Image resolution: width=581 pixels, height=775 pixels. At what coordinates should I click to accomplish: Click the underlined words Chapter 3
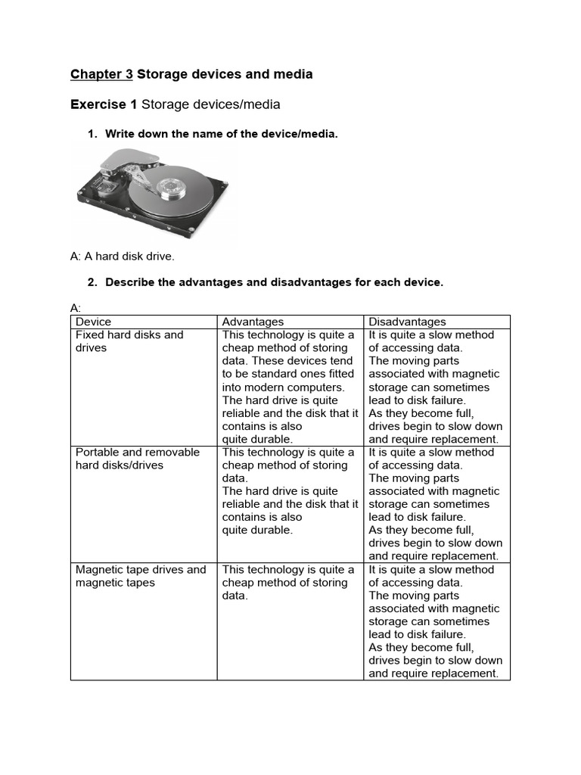pos(101,74)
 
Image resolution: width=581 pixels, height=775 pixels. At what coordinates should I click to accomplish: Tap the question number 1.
pos(92,134)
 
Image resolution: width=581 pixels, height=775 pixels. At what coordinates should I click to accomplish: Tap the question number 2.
pos(92,282)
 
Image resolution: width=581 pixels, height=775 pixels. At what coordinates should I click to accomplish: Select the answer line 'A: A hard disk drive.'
pos(122,256)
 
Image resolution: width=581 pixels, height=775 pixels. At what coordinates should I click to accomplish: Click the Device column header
pos(93,322)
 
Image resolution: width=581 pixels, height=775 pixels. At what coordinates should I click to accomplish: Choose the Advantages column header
pos(253,322)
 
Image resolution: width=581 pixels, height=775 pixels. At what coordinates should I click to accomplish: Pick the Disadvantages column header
pos(407,322)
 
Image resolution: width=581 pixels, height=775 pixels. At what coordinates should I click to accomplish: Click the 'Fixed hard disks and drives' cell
pos(129,341)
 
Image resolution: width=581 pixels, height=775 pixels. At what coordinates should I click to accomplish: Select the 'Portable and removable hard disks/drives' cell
pos(137,459)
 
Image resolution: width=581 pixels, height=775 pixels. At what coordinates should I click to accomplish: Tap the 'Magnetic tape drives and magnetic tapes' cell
pos(141,576)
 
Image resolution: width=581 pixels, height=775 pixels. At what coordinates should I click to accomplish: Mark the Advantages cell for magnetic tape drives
pos(288,583)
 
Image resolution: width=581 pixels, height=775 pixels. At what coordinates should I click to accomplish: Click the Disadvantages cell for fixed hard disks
pos(435,387)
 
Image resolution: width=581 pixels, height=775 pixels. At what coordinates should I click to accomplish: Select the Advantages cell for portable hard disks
pos(290,491)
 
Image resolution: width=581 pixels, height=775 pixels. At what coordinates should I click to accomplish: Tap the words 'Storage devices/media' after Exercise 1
pos(210,104)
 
